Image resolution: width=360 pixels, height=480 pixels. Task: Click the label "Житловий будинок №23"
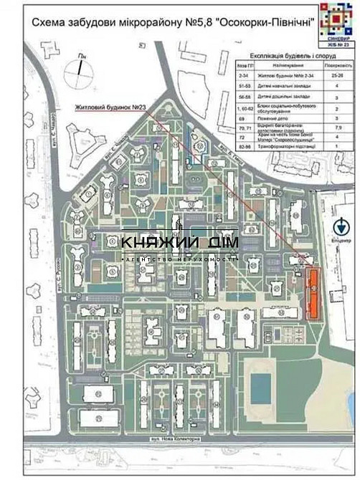pyautogui.click(x=110, y=108)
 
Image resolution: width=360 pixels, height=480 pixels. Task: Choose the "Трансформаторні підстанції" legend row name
pyautogui.click(x=280, y=146)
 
